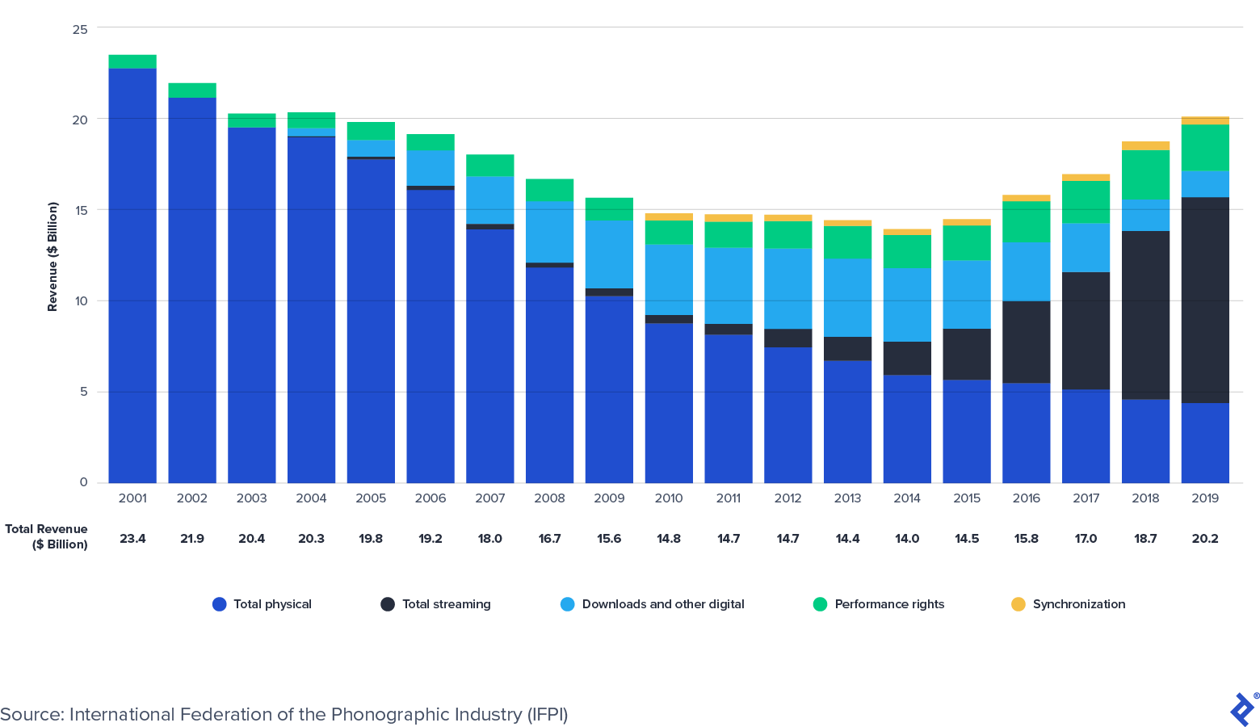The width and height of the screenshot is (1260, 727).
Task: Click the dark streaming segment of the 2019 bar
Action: click(1205, 300)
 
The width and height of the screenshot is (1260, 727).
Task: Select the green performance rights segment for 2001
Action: click(132, 61)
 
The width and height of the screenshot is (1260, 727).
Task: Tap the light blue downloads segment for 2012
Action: click(787, 288)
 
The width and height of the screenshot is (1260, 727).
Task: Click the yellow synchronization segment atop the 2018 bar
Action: click(1145, 146)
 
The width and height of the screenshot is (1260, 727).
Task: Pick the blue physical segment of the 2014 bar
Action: click(907, 429)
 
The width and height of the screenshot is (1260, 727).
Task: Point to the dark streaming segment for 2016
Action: click(1026, 342)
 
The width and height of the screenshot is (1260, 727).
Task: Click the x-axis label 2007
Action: click(489, 498)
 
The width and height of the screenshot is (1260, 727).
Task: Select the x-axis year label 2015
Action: click(966, 498)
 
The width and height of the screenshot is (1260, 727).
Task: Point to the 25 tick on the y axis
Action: click(80, 30)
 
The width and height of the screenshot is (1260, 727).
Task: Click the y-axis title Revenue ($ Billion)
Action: click(52, 257)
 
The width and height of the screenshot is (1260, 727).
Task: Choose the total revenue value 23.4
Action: click(132, 539)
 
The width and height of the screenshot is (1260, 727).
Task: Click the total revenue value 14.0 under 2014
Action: click(907, 539)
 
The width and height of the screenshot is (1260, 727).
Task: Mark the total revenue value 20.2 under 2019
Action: click(1205, 539)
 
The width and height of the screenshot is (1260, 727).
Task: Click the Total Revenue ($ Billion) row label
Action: click(47, 536)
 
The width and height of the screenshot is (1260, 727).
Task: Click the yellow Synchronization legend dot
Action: click(1018, 604)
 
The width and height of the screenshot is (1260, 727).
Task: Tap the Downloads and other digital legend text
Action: click(662, 604)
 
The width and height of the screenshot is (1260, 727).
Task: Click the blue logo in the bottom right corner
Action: click(1242, 709)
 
